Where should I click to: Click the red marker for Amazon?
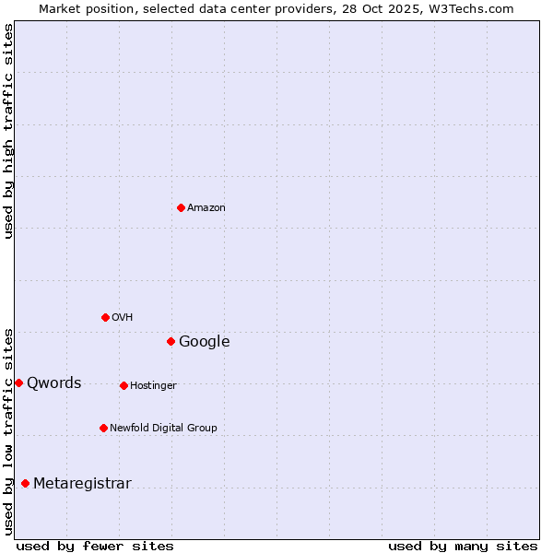(x=181, y=207)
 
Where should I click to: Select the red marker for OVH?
(x=105, y=317)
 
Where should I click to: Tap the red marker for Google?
(x=171, y=341)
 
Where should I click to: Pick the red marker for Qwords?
(x=18, y=382)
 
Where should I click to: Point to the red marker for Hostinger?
(x=124, y=385)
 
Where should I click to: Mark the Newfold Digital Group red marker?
(x=103, y=428)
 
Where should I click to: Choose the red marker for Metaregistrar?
(x=25, y=483)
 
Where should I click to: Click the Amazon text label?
(x=206, y=208)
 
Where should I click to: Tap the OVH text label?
(x=123, y=318)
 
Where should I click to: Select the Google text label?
(x=205, y=342)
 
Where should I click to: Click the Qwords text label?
(x=54, y=383)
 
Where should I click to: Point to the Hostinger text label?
(x=153, y=386)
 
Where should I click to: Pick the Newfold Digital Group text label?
(x=164, y=429)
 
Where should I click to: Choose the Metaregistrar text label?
(x=83, y=484)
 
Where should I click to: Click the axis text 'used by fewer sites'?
(x=95, y=546)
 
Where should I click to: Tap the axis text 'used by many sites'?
(x=463, y=546)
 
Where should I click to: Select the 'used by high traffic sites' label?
(x=9, y=131)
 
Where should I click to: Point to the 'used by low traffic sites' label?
(x=9, y=430)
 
